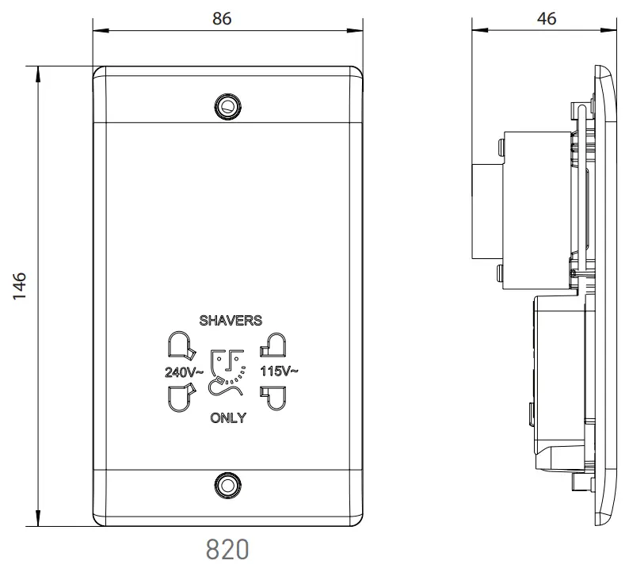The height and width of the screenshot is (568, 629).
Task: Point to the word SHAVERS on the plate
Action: click(x=231, y=320)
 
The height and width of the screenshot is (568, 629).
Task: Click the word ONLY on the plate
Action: click(x=228, y=418)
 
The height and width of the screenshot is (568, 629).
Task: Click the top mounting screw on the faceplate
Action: click(x=229, y=105)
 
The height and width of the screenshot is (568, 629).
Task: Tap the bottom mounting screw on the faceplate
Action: click(x=229, y=482)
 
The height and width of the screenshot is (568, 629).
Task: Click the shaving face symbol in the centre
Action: click(x=227, y=371)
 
